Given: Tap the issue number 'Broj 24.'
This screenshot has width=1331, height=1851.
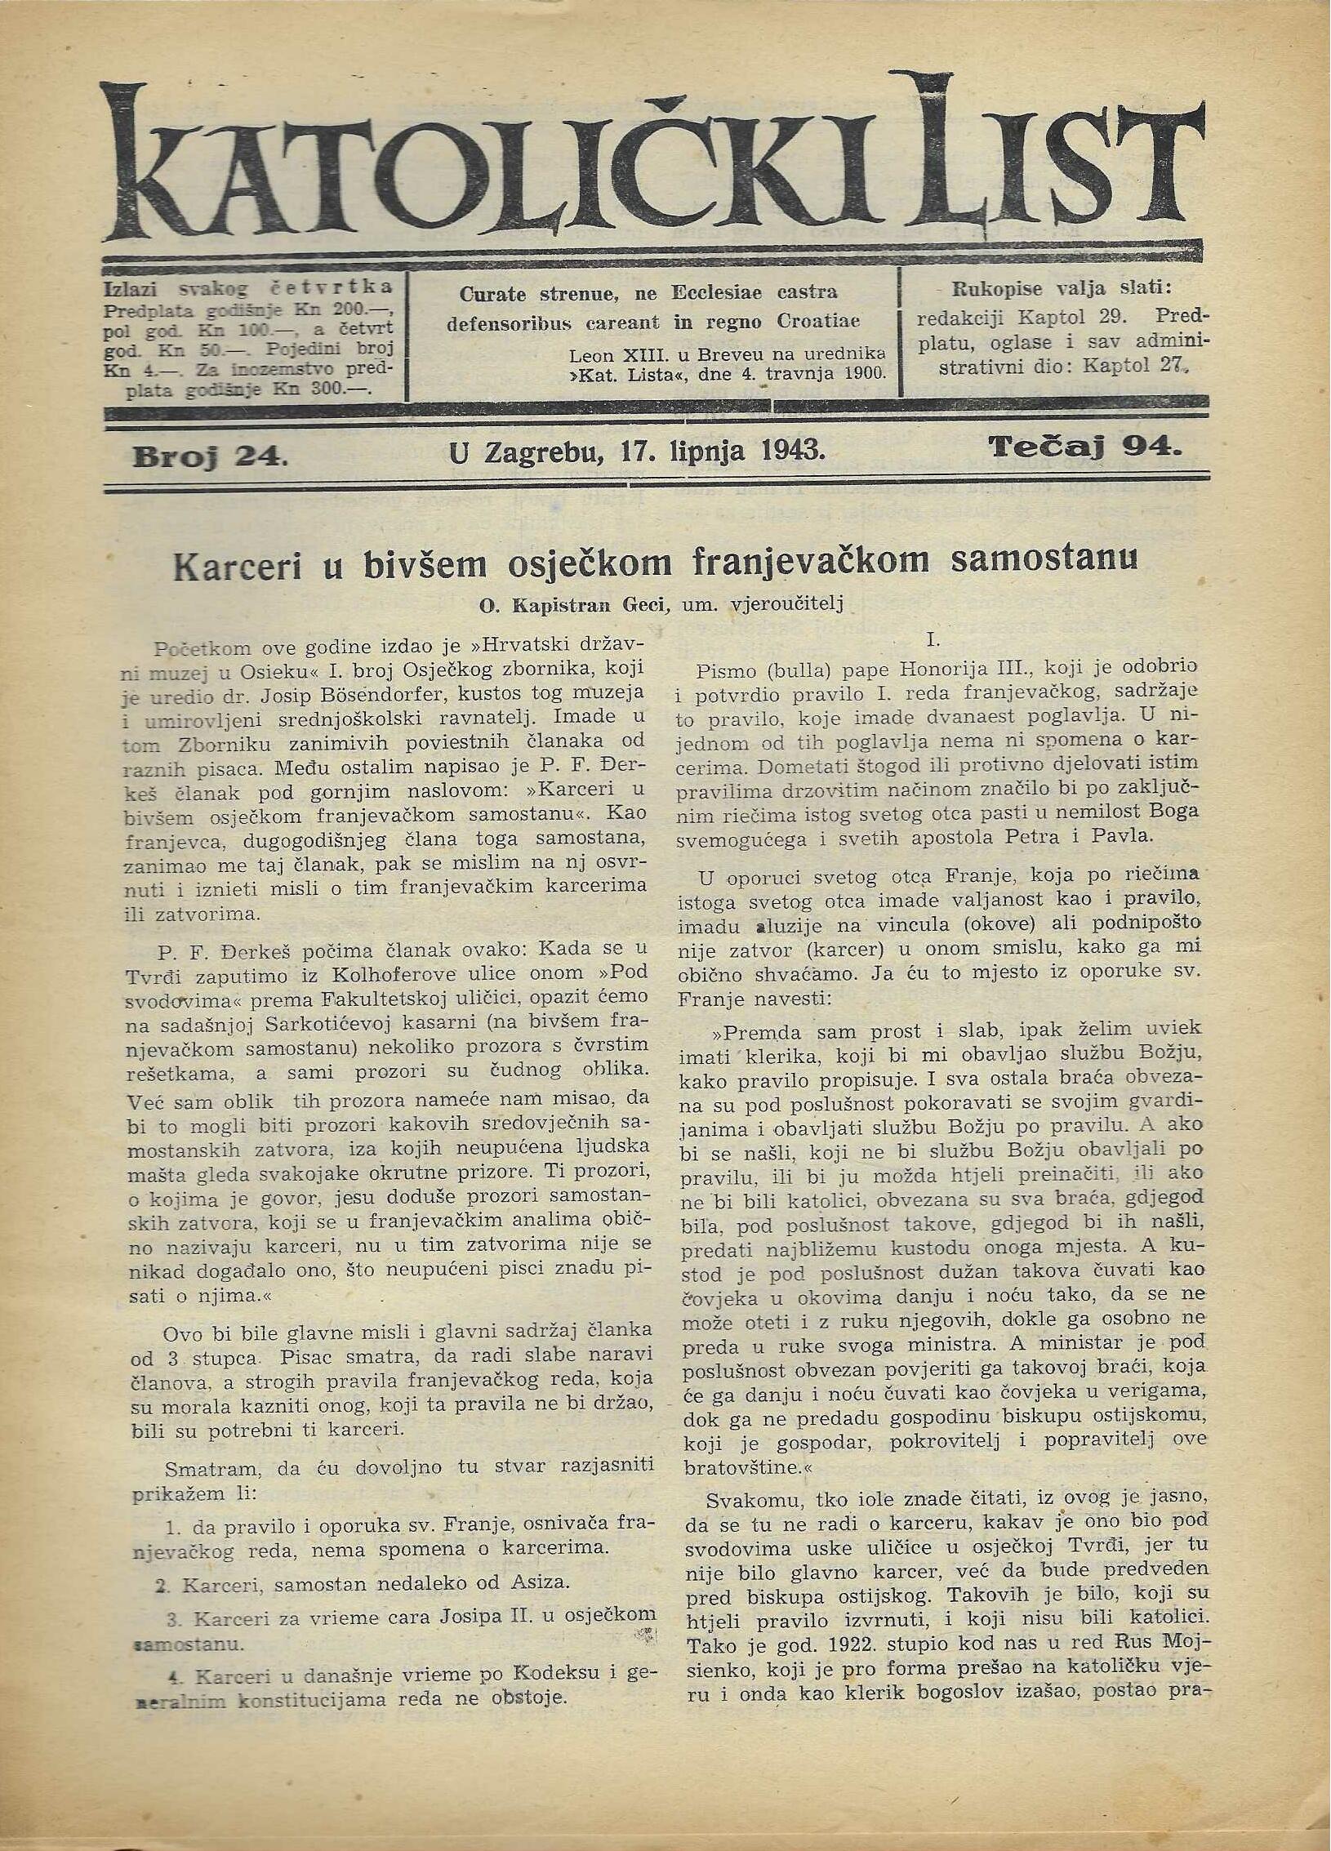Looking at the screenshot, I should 210,456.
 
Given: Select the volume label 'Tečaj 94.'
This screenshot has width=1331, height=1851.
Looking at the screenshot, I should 1085,447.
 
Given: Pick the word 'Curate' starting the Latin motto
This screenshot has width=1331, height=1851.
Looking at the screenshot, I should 495,293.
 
